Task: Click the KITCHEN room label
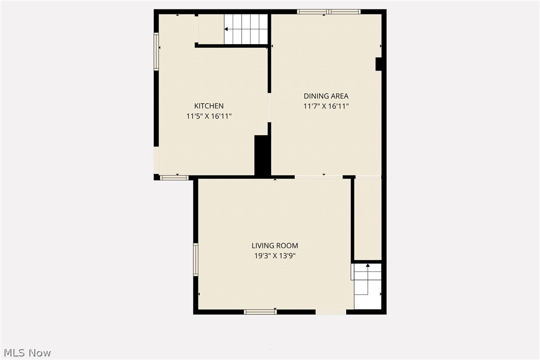pos(209,106)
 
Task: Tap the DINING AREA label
pos(326,96)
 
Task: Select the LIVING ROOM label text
pos(275,246)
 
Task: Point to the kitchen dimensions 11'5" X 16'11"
pos(209,116)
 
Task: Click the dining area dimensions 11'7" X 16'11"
pos(326,106)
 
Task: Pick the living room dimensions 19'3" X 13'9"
pos(275,256)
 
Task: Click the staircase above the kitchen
pos(246,29)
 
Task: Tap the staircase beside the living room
pos(367,286)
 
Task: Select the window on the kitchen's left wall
pos(156,51)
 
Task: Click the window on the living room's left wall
pos(195,259)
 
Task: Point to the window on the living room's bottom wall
pos(260,312)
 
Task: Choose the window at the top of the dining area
pos(329,11)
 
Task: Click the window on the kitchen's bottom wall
pos(174,178)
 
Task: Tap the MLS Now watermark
pos(26,353)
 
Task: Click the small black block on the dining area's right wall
pos(378,64)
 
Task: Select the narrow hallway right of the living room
pos(368,219)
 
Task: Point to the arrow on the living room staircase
pos(368,266)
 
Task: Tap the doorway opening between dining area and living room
pos(319,177)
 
